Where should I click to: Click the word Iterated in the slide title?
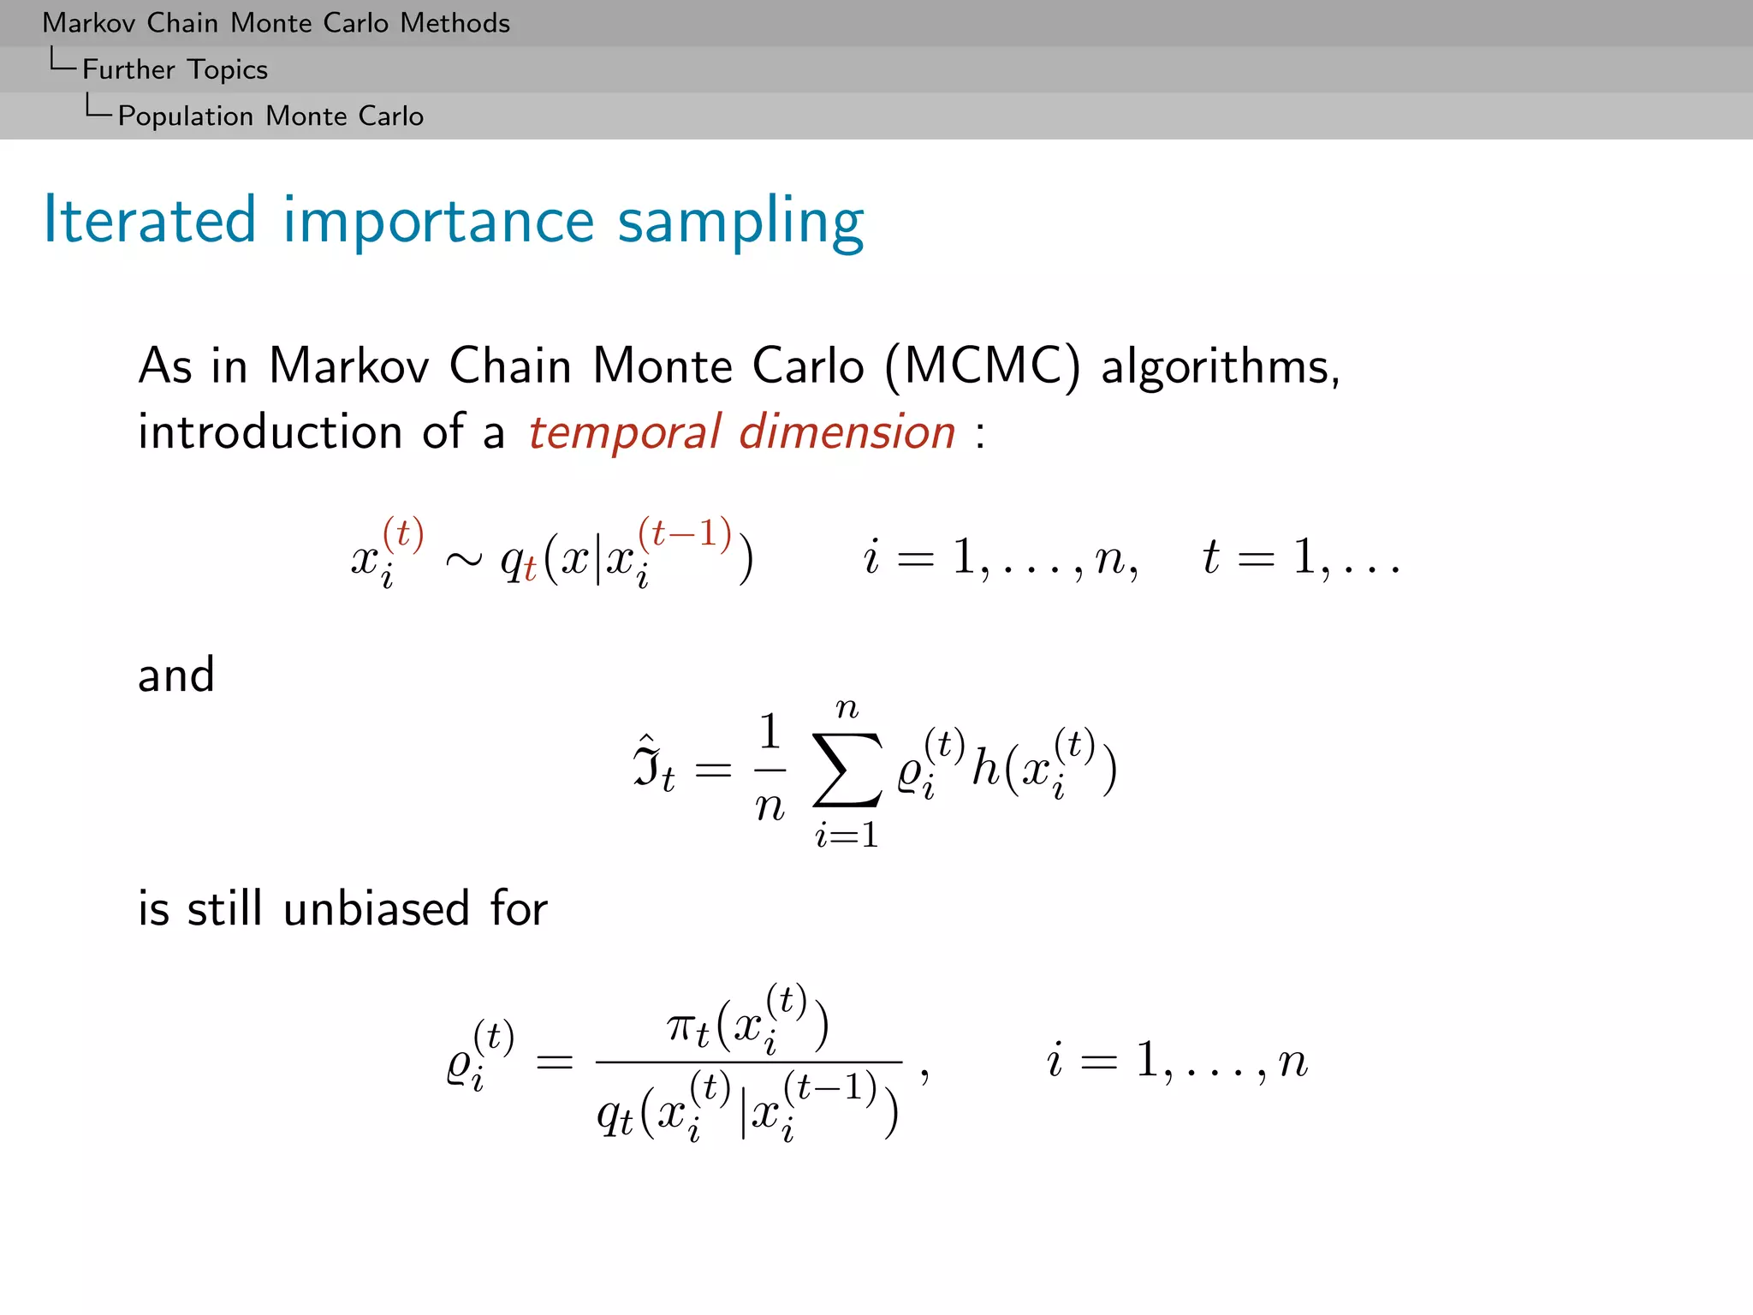pos(150,220)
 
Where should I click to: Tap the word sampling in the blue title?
pos(740,223)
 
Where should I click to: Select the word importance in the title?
pos(438,223)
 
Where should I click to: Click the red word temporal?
pos(624,432)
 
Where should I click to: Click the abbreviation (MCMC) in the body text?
pos(983,366)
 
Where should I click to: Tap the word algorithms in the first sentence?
pos(1220,368)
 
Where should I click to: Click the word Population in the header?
pos(186,116)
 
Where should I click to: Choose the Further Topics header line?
pos(175,69)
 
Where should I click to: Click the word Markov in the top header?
pos(89,23)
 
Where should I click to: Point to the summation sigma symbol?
pos(847,770)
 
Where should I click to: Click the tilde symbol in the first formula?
pos(463,560)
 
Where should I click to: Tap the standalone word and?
pos(176,675)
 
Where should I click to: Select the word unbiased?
pos(376,908)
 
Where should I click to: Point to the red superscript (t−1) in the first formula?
pos(685,533)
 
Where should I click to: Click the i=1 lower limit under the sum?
pos(847,835)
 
